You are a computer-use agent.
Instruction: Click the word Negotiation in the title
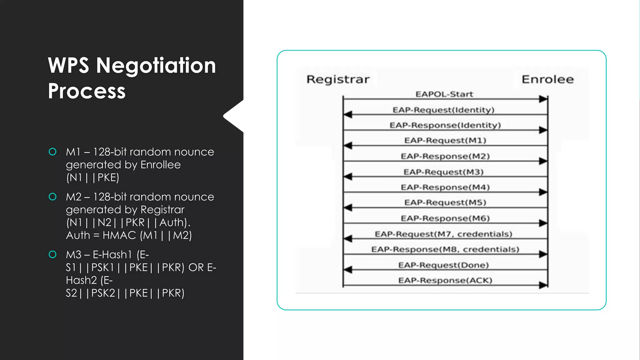coord(156,66)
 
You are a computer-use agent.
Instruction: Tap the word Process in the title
coord(87,91)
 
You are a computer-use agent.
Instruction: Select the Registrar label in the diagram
coord(338,79)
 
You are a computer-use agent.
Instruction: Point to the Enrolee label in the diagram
coord(547,79)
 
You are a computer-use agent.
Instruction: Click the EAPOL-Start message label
coord(444,94)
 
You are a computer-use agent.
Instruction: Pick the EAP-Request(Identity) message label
coord(443,110)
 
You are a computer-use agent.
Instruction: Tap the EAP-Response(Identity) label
coord(445,125)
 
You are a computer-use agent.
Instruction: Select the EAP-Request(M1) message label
coord(445,140)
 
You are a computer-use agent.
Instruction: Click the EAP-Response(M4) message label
coord(445,187)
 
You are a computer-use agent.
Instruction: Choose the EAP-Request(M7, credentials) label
coord(443,234)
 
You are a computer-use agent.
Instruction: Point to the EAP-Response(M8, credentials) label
coord(445,249)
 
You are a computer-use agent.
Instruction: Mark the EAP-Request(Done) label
coord(443,265)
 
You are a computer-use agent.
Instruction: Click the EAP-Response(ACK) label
coord(445,280)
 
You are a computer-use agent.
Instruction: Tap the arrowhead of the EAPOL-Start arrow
coord(543,99)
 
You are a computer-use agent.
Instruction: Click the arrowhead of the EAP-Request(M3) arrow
coord(348,177)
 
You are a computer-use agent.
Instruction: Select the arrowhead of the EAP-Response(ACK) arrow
coord(543,285)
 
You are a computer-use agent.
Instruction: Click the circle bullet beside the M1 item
coord(52,152)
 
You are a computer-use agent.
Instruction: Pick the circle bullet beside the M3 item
coord(52,254)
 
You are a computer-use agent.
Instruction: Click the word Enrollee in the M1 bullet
coord(160,165)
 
